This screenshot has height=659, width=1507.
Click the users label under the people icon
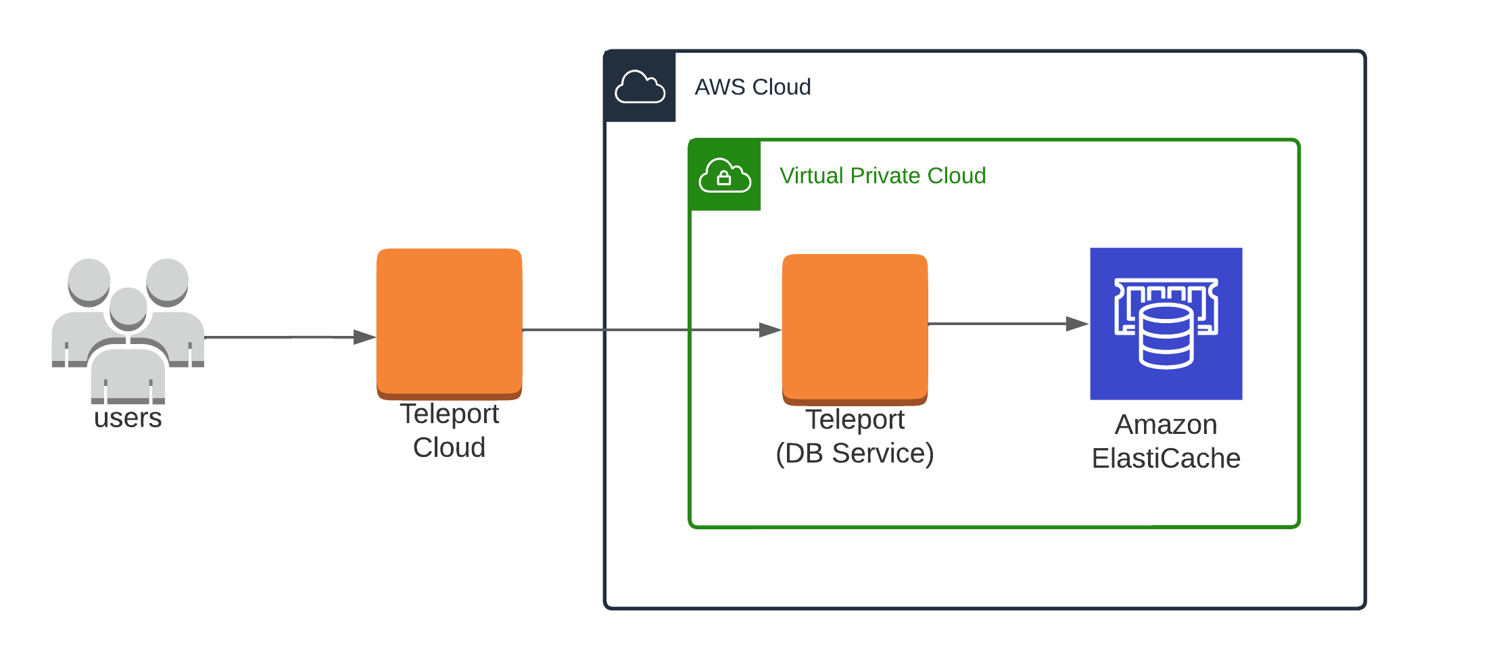point(128,418)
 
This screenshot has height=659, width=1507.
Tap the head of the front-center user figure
point(128,306)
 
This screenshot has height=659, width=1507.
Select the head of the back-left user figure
point(89,280)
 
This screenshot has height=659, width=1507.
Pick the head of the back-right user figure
point(167,280)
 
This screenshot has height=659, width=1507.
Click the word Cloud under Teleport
point(449,447)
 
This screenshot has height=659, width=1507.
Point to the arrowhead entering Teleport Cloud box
point(365,337)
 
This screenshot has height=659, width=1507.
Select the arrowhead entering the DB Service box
point(771,330)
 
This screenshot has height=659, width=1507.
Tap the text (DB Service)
point(855,454)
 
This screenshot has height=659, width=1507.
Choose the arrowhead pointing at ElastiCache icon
point(1077,324)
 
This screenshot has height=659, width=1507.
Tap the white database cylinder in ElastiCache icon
point(1166,336)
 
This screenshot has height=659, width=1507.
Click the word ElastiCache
point(1166,458)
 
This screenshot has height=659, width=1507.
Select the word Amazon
point(1166,424)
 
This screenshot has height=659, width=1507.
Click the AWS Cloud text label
point(752,87)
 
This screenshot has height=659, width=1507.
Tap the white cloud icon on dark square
point(640,87)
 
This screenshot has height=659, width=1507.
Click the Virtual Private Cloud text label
point(882,176)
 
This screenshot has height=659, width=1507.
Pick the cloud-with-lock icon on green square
point(724,176)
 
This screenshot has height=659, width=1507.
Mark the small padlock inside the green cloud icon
point(724,178)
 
